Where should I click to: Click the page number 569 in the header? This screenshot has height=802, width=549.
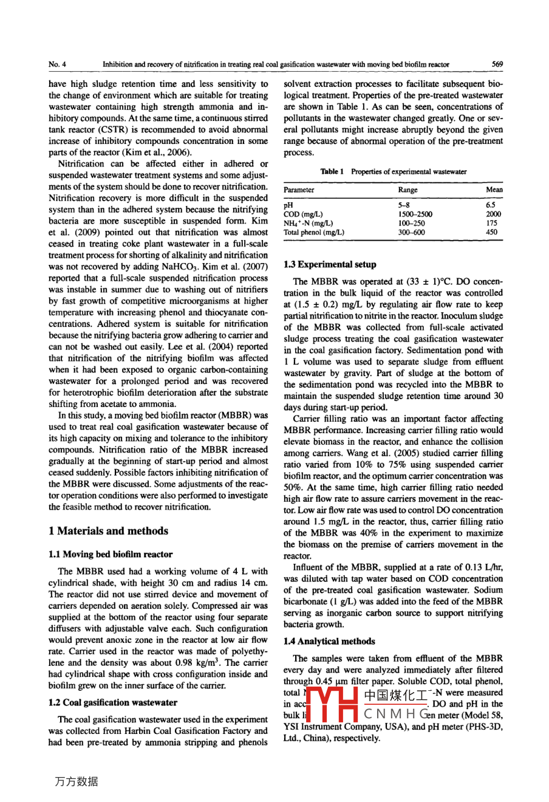[497, 64]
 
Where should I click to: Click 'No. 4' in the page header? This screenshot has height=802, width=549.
[58, 64]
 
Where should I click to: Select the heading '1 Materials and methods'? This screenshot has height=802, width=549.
[109, 531]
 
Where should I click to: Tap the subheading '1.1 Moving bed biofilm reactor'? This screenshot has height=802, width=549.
[110, 554]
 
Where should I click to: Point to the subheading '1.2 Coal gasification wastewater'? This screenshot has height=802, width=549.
[112, 702]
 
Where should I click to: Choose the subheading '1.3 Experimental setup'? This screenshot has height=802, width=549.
[330, 264]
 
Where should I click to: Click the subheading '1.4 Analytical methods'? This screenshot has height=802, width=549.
[329, 641]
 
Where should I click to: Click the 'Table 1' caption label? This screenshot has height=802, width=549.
[332, 171]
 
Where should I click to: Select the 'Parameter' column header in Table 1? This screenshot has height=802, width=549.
[299, 190]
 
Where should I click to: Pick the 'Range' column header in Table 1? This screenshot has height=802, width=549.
[407, 190]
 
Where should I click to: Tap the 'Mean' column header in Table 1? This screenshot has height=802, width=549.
[494, 190]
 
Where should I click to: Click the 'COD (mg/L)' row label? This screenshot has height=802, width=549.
[303, 214]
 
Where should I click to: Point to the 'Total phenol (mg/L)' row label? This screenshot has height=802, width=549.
[313, 232]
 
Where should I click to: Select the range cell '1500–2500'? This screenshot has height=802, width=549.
[415, 214]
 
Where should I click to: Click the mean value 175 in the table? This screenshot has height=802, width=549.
[492, 223]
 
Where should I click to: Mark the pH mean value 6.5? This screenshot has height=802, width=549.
[491, 205]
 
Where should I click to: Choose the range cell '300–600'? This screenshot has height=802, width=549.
[411, 232]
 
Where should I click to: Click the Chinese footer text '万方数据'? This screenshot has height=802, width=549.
[76, 781]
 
